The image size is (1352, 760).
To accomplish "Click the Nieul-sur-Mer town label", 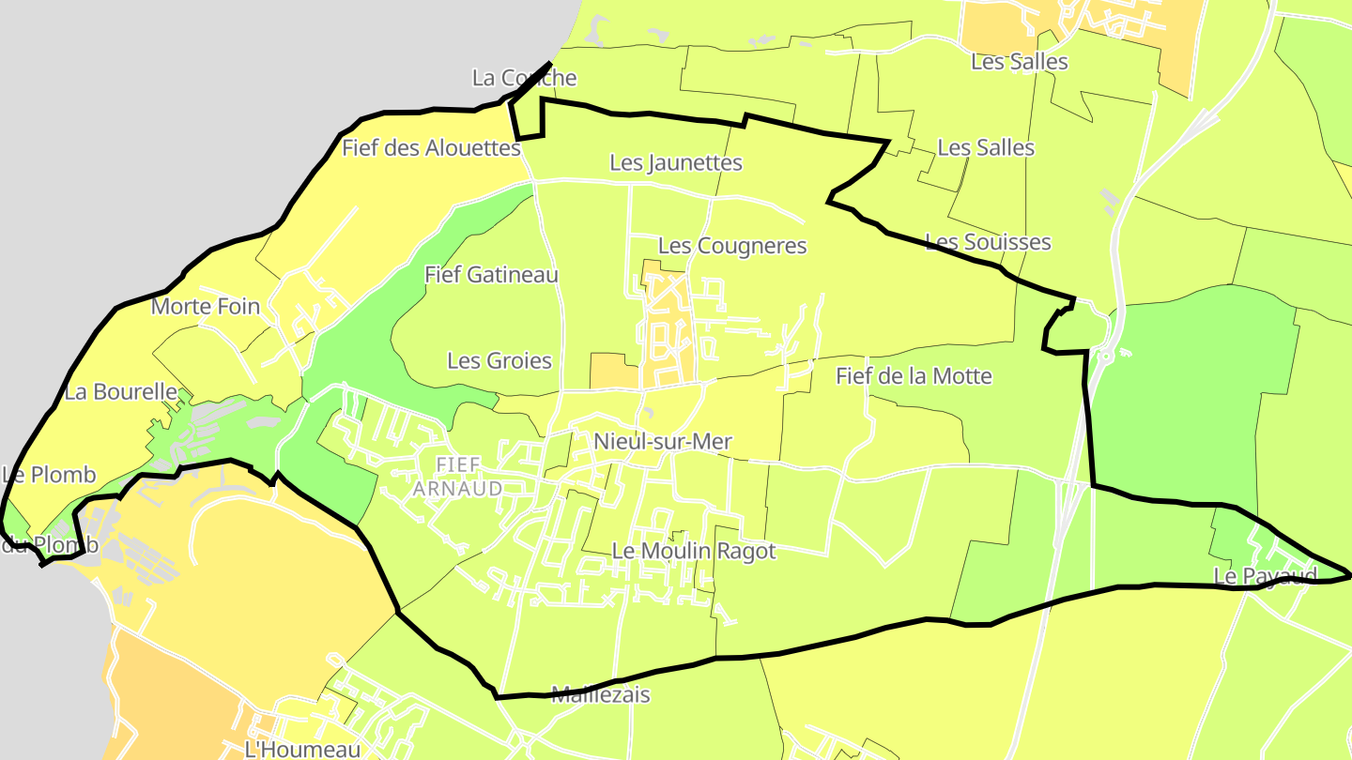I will pos(663,441).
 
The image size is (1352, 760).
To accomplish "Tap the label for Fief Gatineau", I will pos(491,275).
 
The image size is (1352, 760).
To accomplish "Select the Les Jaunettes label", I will pos(676,162).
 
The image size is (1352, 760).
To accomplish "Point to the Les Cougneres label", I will pos(732,246).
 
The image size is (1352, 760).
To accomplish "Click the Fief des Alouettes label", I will pos(431,147).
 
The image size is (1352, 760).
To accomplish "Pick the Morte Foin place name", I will pos(206,306).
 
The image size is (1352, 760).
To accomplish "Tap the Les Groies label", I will pos(499,360).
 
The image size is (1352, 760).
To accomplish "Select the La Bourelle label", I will pos(120,391).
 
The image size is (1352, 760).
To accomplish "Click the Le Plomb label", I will pos(49,475).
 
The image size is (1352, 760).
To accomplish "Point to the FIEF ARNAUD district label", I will pos(458,477).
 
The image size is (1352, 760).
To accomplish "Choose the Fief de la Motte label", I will pos(914,376).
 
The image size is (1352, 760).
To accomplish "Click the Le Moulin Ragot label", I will pos(694,551).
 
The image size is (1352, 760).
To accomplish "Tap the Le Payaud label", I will pos(1265,575).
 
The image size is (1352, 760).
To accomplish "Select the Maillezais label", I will pos(601,695).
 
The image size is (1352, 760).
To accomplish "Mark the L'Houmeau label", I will pos(302,750).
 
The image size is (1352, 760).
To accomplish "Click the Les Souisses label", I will pos(988,242).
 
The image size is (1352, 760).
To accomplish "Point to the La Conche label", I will pos(524,78).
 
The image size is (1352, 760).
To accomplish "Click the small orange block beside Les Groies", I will pos(613,371).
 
